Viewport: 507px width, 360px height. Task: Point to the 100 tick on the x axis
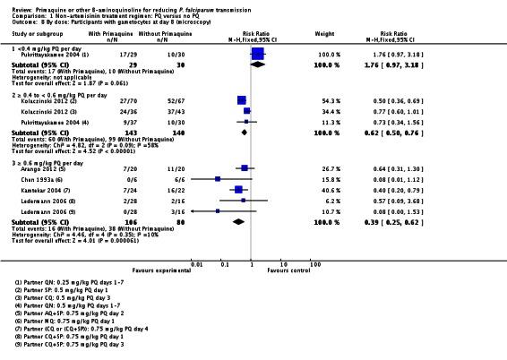(315, 263)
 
